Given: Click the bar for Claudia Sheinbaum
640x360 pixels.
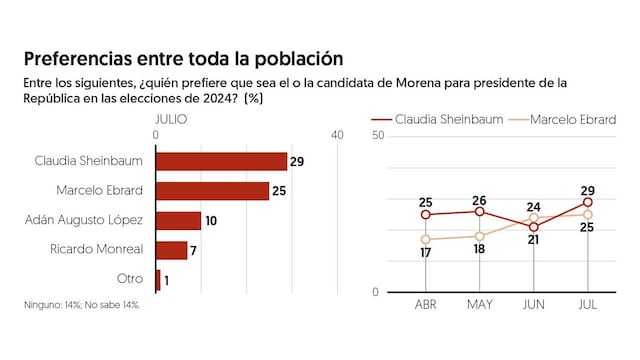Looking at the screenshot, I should click(221, 161).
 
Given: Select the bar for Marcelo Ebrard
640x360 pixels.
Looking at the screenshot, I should click(212, 191).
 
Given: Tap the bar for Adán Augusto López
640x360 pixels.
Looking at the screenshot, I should click(178, 221).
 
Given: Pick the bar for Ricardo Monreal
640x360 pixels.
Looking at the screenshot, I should click(171, 250).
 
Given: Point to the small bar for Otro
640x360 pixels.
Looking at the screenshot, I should click(158, 280).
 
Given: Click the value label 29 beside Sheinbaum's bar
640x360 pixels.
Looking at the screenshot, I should click(296, 161).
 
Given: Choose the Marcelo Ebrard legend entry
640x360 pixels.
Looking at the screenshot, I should click(574, 118).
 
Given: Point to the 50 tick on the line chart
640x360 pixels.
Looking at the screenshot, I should click(378, 134).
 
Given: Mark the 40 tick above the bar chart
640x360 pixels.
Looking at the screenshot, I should click(337, 134).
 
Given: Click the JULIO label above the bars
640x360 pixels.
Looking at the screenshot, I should click(172, 118).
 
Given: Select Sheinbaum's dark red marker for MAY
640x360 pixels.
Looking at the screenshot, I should click(479, 211).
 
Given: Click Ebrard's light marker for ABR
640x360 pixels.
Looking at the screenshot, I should click(425, 239).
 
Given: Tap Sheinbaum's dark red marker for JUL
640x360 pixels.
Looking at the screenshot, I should click(587, 202).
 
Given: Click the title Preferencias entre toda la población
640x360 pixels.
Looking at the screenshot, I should click(183, 59).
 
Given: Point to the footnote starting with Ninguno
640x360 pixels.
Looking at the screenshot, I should click(83, 304).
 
